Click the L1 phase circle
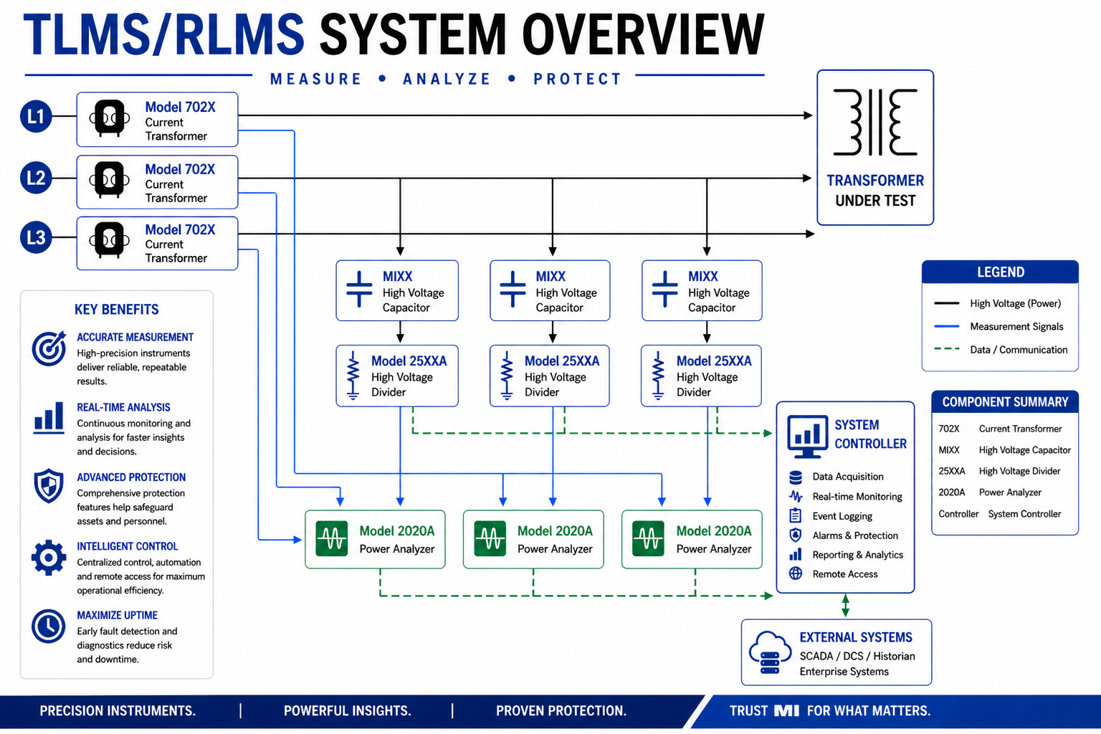[x=36, y=117]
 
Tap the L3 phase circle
[x=36, y=237]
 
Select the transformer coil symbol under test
[x=875, y=122]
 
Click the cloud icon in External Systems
[x=770, y=652]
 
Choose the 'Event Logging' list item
[x=842, y=516]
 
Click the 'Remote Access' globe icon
[x=795, y=573]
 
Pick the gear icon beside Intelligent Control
[x=49, y=558]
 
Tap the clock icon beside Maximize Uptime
[x=48, y=626]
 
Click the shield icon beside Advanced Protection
[x=49, y=486]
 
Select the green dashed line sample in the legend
[x=947, y=349]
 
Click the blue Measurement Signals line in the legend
[x=947, y=326]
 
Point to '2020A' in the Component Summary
[x=952, y=492]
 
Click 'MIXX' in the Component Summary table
[x=948, y=450]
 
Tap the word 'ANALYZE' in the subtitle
[x=447, y=79]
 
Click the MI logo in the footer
[x=786, y=711]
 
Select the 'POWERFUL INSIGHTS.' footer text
[x=347, y=711]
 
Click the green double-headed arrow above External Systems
[x=845, y=606]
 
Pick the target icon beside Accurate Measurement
[x=49, y=348]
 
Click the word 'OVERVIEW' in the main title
[x=643, y=34]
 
